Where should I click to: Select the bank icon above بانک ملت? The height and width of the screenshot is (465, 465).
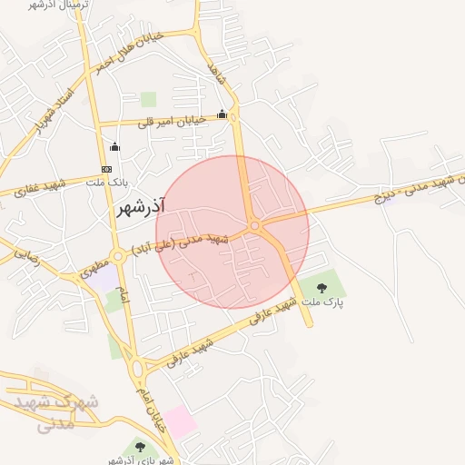point(107,169)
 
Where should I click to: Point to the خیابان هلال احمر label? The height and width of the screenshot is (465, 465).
point(129,54)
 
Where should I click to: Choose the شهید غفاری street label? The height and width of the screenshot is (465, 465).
point(34,188)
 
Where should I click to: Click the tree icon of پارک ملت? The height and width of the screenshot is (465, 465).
point(322,288)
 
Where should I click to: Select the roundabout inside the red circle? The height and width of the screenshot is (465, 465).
point(255,224)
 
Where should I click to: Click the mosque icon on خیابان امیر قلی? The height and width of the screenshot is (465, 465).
point(223,114)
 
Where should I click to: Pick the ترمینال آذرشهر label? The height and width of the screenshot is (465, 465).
point(42,5)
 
